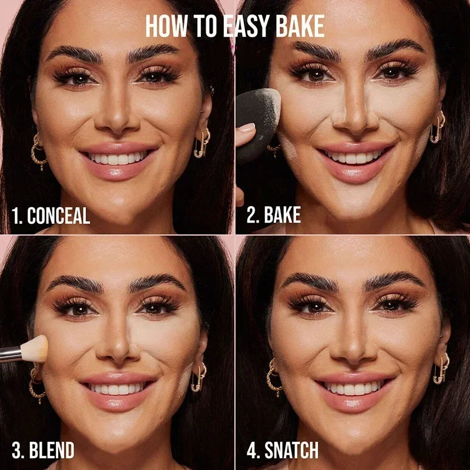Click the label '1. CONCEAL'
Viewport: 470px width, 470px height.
[x=51, y=216]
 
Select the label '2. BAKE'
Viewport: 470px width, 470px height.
[x=274, y=215]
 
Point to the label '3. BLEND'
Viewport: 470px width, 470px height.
[x=43, y=451]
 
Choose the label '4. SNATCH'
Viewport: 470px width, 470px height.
[x=282, y=451]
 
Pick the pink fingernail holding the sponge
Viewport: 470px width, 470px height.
[x=246, y=127]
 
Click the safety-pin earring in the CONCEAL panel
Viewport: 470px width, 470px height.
[x=202, y=144]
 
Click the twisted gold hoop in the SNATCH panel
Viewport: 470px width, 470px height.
[x=274, y=376]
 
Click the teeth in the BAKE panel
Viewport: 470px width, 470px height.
[x=353, y=157]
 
